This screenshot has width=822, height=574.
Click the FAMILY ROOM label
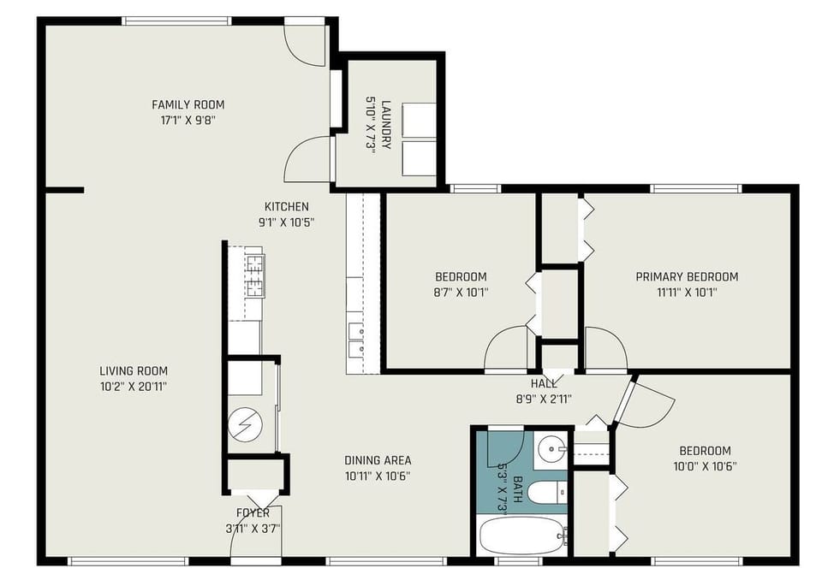coord(182,105)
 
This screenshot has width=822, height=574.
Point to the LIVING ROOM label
coord(134,371)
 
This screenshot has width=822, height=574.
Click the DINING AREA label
coord(378,460)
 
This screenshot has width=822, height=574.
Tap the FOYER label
coord(253,513)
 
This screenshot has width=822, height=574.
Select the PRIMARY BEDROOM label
coord(687,276)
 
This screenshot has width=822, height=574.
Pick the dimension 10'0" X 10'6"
coord(706,466)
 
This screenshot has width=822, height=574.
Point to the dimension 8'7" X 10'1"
coord(461,292)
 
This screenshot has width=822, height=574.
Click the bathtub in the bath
coord(521,536)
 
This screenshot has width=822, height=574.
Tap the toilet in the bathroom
coord(545,493)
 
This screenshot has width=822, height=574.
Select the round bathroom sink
coord(552,447)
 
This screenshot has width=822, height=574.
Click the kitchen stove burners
coord(253,271)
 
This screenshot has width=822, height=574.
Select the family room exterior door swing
coord(304,44)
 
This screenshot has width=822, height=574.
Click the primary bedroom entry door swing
coord(605,349)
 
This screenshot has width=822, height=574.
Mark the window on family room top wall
coord(177,21)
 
